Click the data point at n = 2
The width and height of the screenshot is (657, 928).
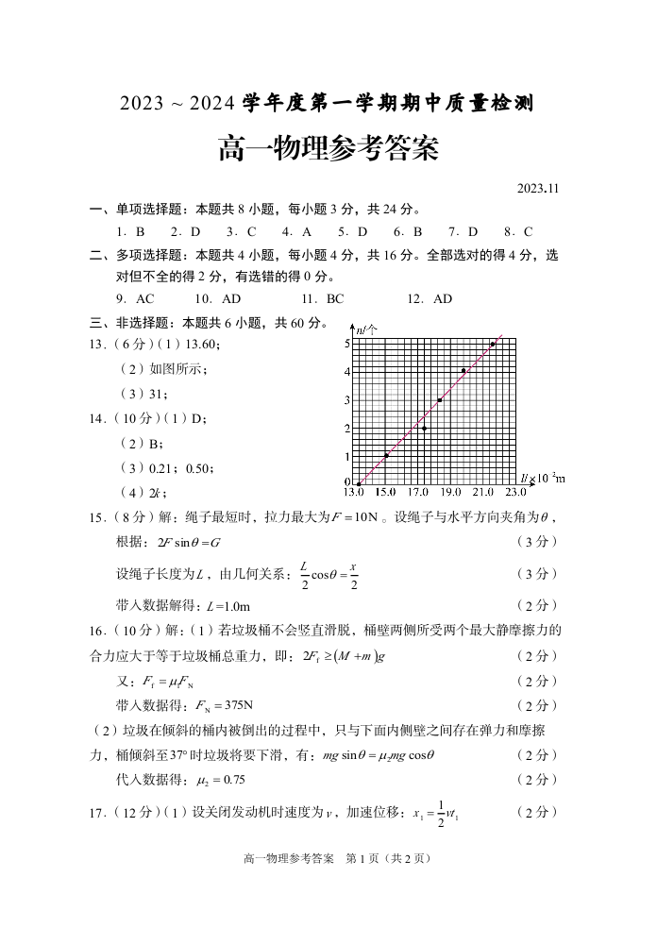click(425, 429)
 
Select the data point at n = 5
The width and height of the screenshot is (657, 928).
click(493, 345)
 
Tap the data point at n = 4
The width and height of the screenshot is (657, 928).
click(463, 371)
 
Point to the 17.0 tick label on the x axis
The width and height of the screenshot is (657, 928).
click(418, 492)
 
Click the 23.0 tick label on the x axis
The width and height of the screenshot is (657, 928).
click(515, 492)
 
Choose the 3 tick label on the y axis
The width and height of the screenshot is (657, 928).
click(346, 400)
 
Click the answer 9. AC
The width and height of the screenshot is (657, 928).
click(131, 299)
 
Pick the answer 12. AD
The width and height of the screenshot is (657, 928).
click(430, 299)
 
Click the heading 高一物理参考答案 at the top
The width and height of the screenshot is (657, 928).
click(328, 148)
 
